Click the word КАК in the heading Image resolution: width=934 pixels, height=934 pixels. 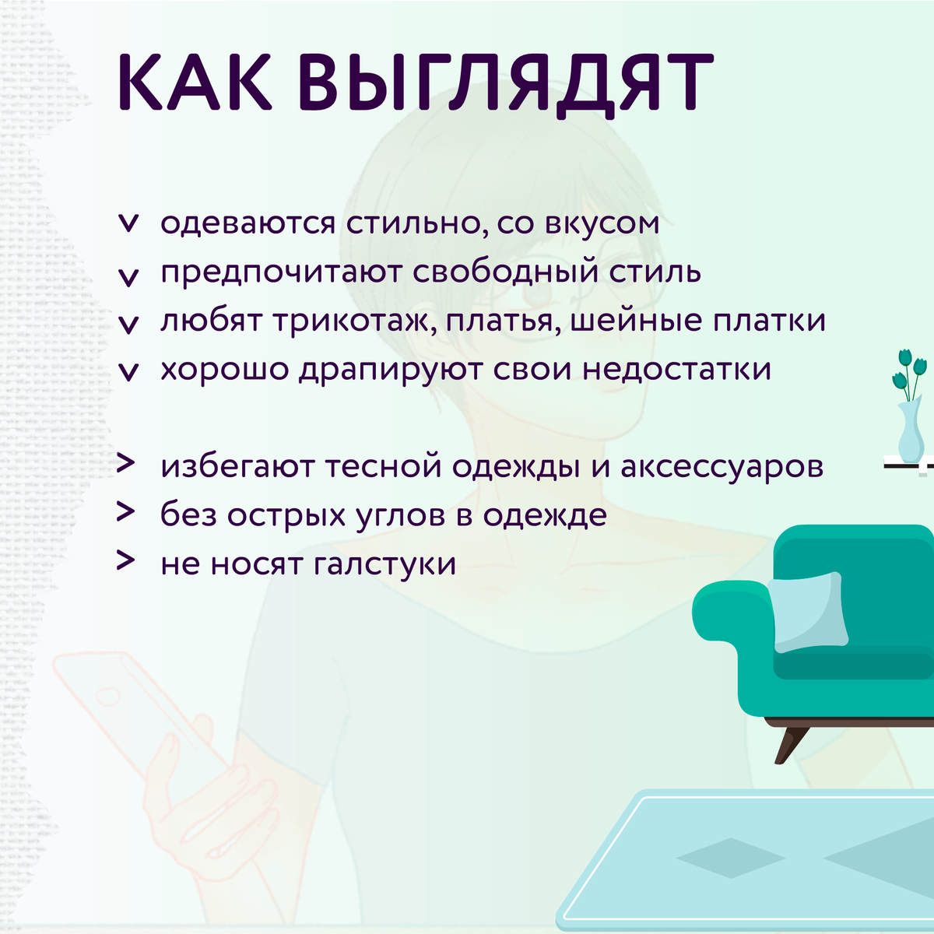point(195,82)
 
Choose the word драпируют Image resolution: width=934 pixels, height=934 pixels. point(390,370)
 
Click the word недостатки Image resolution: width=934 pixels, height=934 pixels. point(676,370)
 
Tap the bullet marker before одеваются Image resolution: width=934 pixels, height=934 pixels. point(128,224)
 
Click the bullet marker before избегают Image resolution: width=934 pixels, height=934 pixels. point(125,463)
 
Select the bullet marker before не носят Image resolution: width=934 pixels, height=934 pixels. point(125,560)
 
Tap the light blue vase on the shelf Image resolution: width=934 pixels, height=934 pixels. point(911,430)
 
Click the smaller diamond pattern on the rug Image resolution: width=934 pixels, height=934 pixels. point(731,858)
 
